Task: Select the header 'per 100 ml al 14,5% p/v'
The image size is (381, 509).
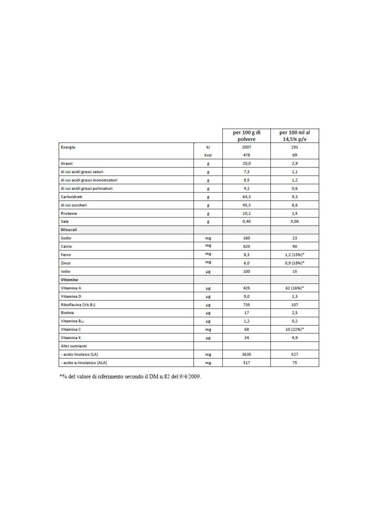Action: pyautogui.click(x=295, y=135)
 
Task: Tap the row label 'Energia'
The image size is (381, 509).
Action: pyautogui.click(x=68, y=147)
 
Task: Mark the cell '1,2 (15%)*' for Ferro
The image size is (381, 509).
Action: pyautogui.click(x=295, y=255)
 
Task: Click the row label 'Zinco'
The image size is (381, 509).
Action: pyautogui.click(x=66, y=263)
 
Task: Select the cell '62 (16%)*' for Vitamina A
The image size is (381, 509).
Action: pyautogui.click(x=295, y=288)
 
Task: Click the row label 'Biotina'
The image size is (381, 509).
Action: pyautogui.click(x=66, y=313)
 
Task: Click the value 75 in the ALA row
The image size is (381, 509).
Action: pyautogui.click(x=295, y=363)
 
